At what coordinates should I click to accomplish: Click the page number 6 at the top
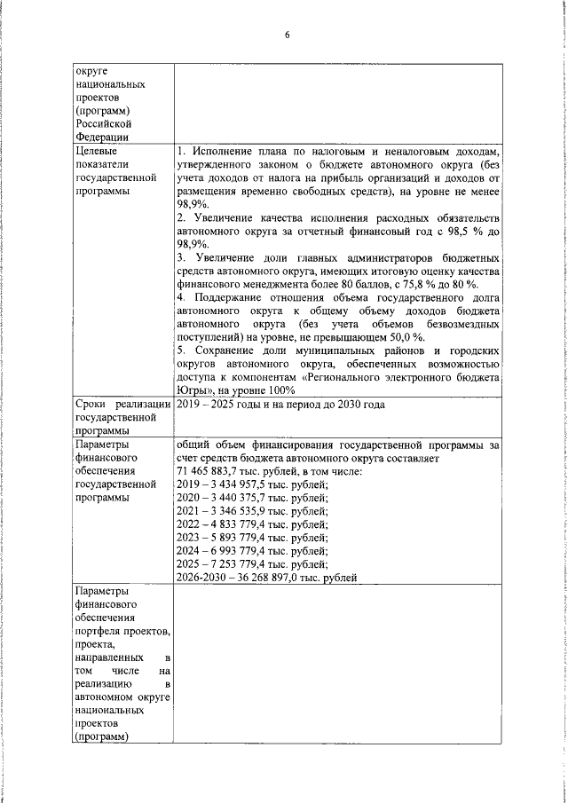[x=287, y=35]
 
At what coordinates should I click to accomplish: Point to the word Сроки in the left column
[x=94, y=404]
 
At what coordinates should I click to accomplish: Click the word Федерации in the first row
[x=102, y=137]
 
